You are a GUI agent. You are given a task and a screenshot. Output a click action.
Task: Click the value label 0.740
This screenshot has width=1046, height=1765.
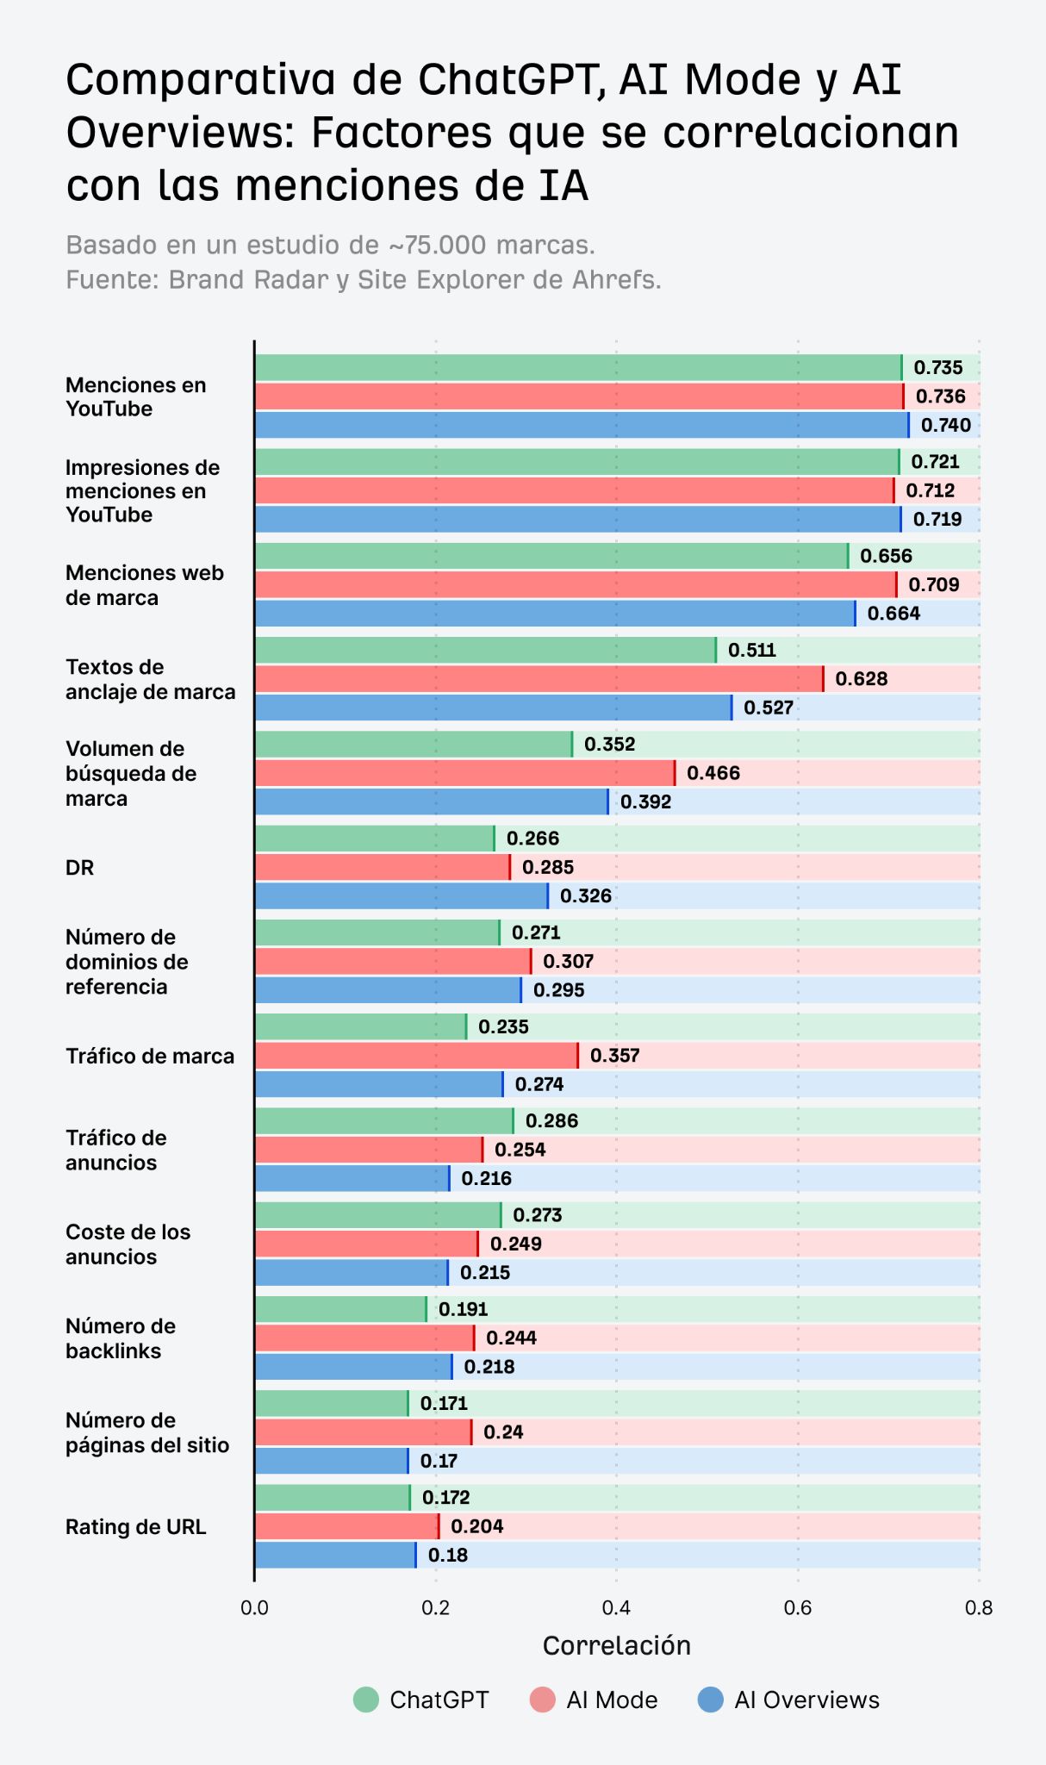pyautogui.click(x=945, y=425)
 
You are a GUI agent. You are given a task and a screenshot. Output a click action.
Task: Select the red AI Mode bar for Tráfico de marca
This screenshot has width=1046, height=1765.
pyautogui.click(x=416, y=1056)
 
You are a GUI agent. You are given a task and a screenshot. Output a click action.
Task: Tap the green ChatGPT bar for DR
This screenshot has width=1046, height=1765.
pyautogui.click(x=375, y=839)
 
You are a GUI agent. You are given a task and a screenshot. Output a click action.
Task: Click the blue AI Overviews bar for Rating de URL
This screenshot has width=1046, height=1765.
pyautogui.click(x=335, y=1555)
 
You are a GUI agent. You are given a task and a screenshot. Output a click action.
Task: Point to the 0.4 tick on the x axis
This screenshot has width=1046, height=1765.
pyautogui.click(x=616, y=1608)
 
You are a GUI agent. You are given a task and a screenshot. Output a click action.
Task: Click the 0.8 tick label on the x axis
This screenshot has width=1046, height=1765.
pyautogui.click(x=979, y=1608)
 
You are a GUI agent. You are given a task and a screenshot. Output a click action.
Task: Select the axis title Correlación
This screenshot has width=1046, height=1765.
pyautogui.click(x=616, y=1646)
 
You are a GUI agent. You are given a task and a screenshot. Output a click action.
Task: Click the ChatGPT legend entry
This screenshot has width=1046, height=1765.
pyautogui.click(x=422, y=1700)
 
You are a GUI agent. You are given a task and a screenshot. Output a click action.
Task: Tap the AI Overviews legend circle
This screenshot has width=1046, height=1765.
pyautogui.click(x=710, y=1700)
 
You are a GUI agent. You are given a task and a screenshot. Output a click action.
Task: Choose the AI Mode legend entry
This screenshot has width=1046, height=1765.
pyautogui.click(x=595, y=1700)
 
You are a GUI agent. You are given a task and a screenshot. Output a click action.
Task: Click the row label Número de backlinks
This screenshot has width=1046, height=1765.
pyautogui.click(x=121, y=1338)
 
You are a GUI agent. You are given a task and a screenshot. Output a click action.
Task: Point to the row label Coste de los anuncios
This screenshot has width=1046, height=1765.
pyautogui.click(x=128, y=1244)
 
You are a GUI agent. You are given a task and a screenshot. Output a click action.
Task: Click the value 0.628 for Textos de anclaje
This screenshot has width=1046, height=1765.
pyautogui.click(x=861, y=679)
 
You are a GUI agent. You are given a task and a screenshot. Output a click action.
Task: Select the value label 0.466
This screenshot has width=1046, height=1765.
pyautogui.click(x=713, y=773)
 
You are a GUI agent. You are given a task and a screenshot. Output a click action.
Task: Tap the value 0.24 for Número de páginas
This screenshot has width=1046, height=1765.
pyautogui.click(x=503, y=1432)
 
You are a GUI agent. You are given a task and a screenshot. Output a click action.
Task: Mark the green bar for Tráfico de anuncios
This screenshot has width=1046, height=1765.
pyautogui.click(x=383, y=1121)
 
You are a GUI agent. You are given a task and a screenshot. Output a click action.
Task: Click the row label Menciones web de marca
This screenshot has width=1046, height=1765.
pyautogui.click(x=144, y=585)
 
